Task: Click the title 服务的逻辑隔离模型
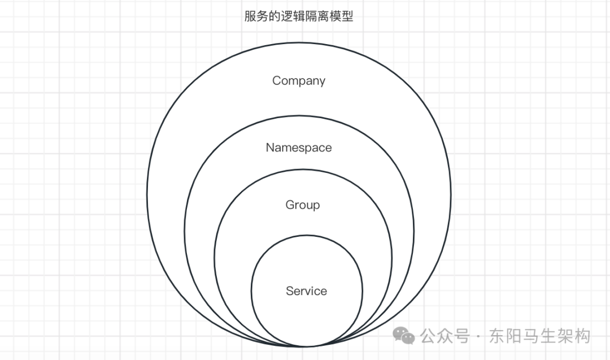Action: coord(299,16)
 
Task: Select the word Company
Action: coord(299,81)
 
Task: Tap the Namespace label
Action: coord(299,148)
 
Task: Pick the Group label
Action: coord(303,205)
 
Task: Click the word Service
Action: coord(306,291)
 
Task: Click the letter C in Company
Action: coord(277,81)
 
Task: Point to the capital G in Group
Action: coord(290,205)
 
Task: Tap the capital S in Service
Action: coord(290,291)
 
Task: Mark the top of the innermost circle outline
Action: coord(307,235)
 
